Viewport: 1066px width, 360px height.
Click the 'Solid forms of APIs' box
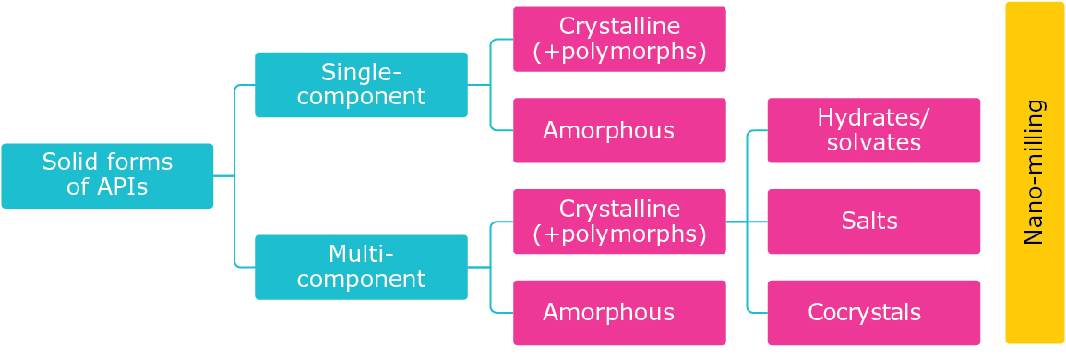coord(107,175)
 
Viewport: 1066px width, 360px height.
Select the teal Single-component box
coord(361,85)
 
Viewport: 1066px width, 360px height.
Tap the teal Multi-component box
coord(361,267)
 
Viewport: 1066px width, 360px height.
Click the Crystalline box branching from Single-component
coord(619,39)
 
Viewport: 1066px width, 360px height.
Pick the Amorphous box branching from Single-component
coord(619,130)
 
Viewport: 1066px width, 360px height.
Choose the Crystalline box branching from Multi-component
coord(619,222)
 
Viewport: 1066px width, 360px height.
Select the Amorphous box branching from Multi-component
coord(619,313)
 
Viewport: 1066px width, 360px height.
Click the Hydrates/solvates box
coord(873,130)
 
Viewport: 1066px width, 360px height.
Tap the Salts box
coord(873,222)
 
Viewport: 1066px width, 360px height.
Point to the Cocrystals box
coord(873,313)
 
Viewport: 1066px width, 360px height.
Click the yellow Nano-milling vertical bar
coord(1035,173)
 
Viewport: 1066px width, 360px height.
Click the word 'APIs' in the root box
coord(122,187)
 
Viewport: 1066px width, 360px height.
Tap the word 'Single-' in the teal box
coord(361,72)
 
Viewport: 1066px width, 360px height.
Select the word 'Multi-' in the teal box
coord(361,254)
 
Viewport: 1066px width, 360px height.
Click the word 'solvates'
coord(873,143)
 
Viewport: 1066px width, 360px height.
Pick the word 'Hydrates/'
coord(873,117)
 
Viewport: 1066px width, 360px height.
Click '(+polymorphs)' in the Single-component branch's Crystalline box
coord(619,52)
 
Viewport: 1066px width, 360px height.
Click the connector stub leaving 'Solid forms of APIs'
coord(223,175)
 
